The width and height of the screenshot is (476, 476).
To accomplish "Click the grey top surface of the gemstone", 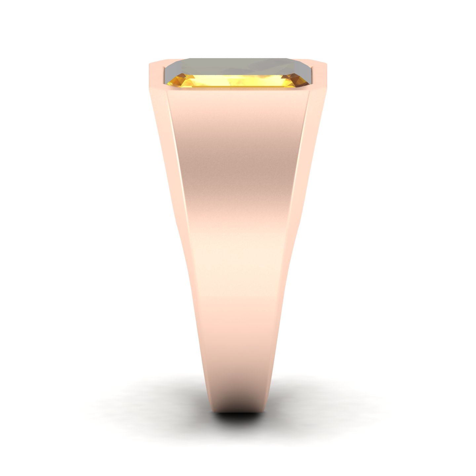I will coord(238,66).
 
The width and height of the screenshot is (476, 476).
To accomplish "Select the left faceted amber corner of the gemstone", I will coord(175,81).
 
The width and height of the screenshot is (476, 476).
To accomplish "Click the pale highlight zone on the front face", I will coord(238,251).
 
